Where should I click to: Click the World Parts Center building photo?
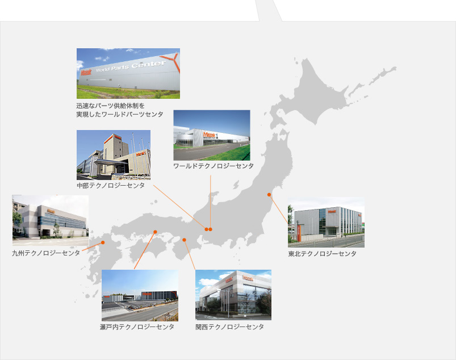click(x=128, y=73)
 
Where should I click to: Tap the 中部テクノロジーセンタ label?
click(x=111, y=186)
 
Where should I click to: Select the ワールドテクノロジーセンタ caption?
click(x=214, y=166)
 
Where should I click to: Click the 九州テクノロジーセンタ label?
click(x=46, y=253)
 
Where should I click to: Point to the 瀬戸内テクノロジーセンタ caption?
click(x=137, y=327)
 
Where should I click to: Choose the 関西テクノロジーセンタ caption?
click(x=230, y=327)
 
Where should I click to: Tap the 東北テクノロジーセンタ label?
click(x=322, y=254)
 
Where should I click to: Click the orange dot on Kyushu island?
click(x=103, y=242)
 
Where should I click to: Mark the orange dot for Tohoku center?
click(x=269, y=195)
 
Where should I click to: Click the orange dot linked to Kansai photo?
click(x=184, y=240)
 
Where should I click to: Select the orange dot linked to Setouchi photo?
click(x=155, y=232)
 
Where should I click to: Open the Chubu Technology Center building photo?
click(x=114, y=155)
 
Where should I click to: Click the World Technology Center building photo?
click(x=212, y=135)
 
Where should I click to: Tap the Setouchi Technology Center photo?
click(x=140, y=295)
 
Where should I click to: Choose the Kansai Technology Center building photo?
click(x=233, y=295)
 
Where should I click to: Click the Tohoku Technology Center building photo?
click(x=326, y=223)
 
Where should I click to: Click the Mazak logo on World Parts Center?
click(x=86, y=72)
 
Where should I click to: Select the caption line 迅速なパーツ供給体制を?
click(x=111, y=106)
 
